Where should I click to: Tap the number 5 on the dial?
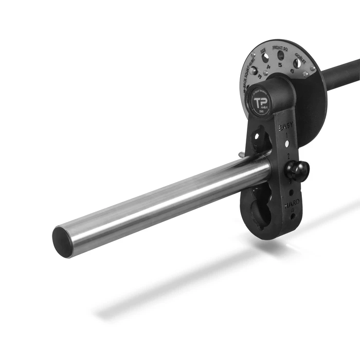280,65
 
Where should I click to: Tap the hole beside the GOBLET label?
297,63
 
